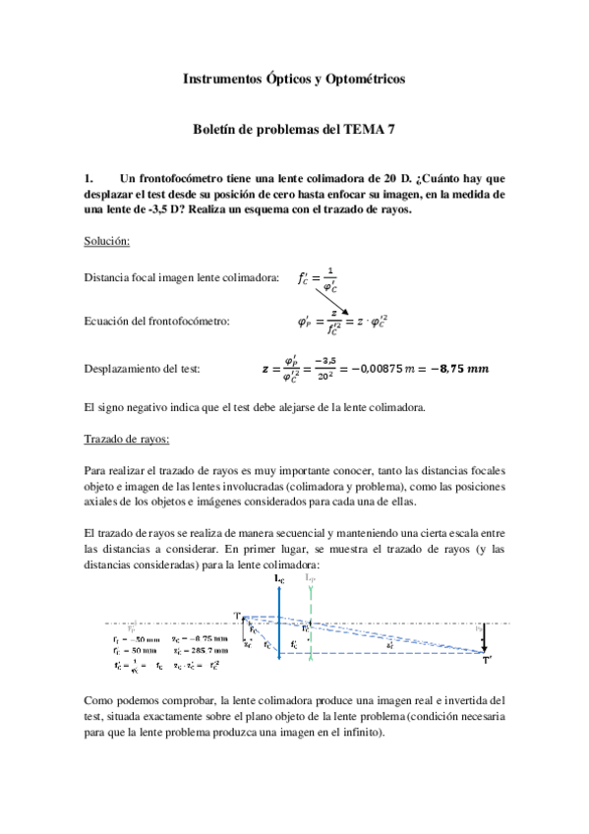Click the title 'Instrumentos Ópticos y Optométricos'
pos(294,79)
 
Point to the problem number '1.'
pos(91,178)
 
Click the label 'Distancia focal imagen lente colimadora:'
pos(182,279)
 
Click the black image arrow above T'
pos(484,639)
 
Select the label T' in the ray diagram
pos(487,661)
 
